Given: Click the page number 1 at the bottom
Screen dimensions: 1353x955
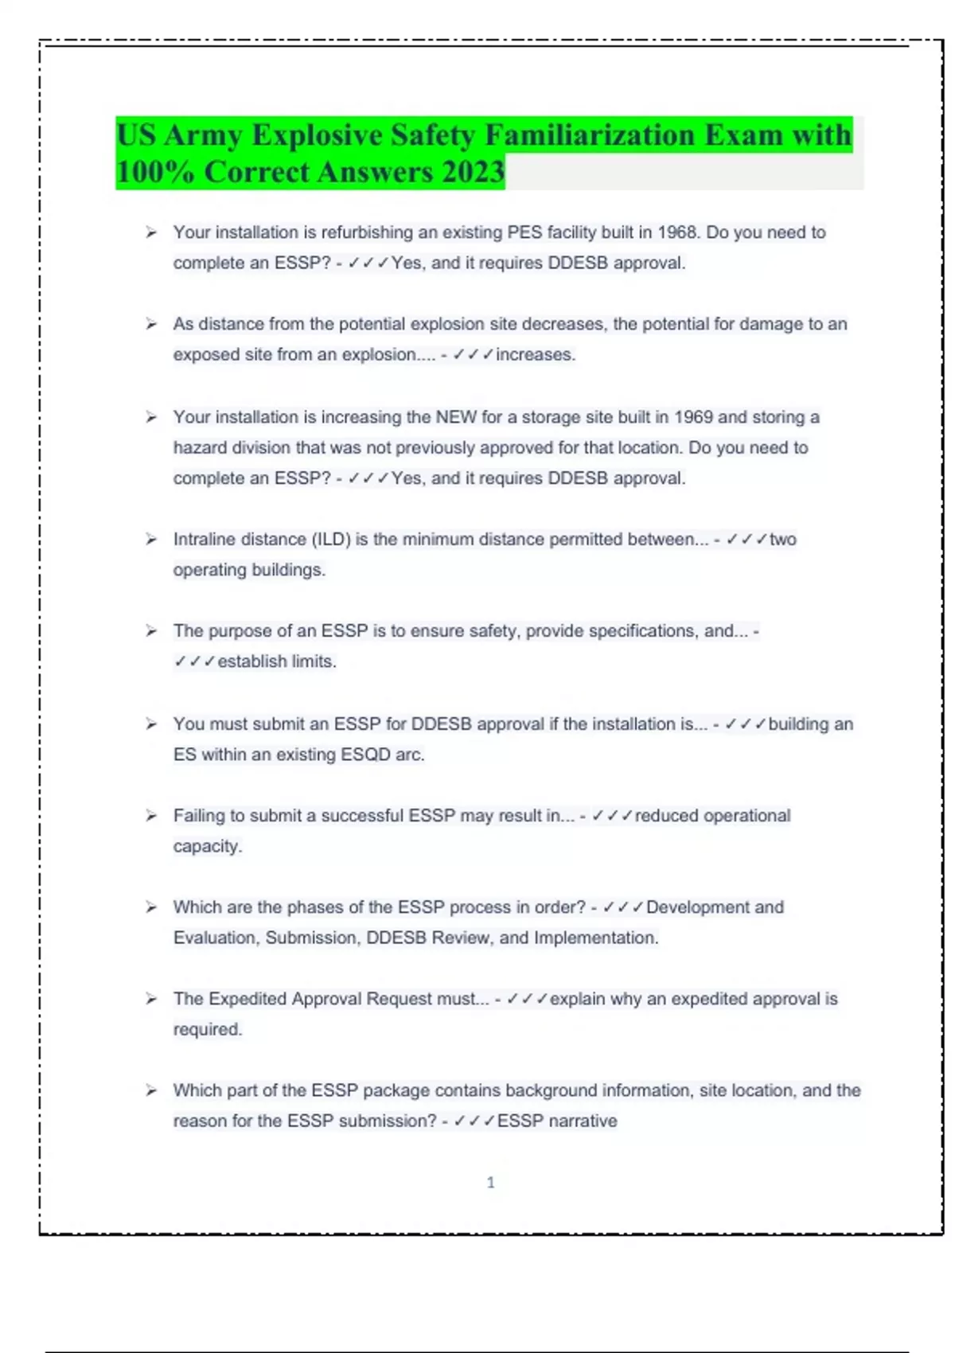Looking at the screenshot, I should (490, 1183).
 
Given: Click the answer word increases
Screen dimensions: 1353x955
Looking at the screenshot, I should (534, 355).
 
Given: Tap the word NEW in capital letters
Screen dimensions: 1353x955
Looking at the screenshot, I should (455, 417).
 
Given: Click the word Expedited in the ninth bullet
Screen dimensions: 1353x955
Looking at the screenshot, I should (248, 999).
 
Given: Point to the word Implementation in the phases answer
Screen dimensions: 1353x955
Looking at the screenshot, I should (595, 938).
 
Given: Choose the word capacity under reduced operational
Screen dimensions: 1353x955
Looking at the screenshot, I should (207, 847).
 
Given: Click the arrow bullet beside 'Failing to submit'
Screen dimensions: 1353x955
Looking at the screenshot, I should (151, 816).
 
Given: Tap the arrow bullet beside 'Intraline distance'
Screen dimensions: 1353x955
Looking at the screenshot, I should (151, 540).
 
